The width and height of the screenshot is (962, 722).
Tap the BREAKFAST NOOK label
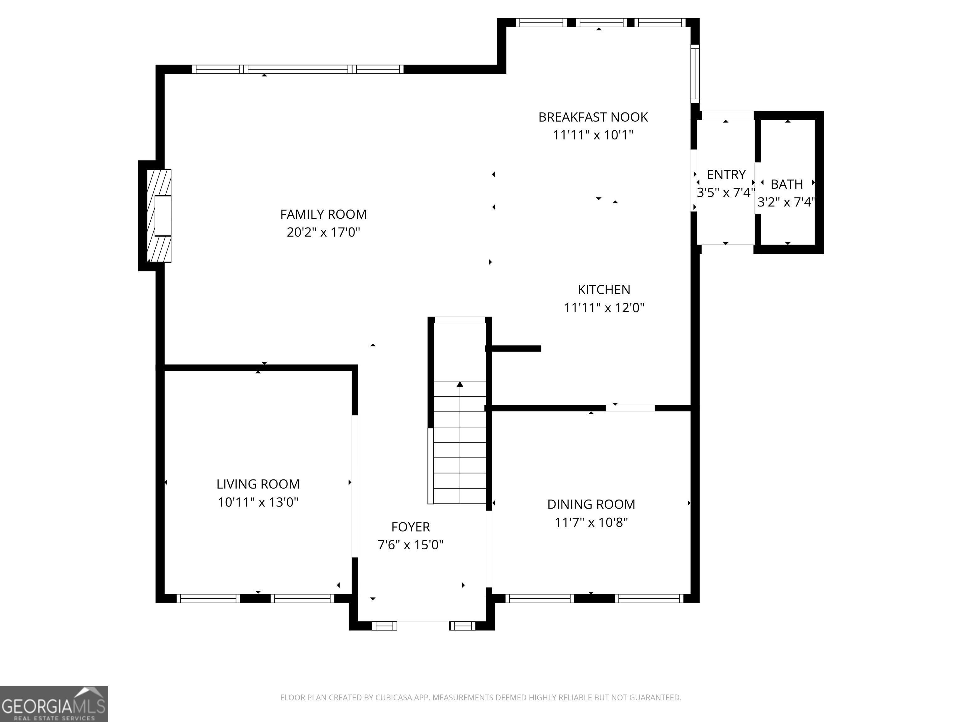point(593,117)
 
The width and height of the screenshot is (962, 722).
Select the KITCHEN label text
point(604,290)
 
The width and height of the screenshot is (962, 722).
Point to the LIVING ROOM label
point(258,484)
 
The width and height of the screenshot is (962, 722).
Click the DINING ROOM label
point(591,504)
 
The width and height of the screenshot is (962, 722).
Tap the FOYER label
point(411,527)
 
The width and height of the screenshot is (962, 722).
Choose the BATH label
point(787,184)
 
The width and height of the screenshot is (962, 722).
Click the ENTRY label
point(726,175)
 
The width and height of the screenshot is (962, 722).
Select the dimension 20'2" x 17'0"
point(323,233)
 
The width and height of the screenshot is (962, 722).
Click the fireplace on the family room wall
point(159,216)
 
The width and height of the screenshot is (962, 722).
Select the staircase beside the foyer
point(460,442)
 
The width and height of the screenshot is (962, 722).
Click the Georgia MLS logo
point(54,704)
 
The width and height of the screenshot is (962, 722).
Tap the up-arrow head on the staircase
point(460,384)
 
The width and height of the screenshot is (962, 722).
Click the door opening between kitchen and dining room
point(630,408)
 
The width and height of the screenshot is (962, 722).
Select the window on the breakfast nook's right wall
point(696,74)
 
